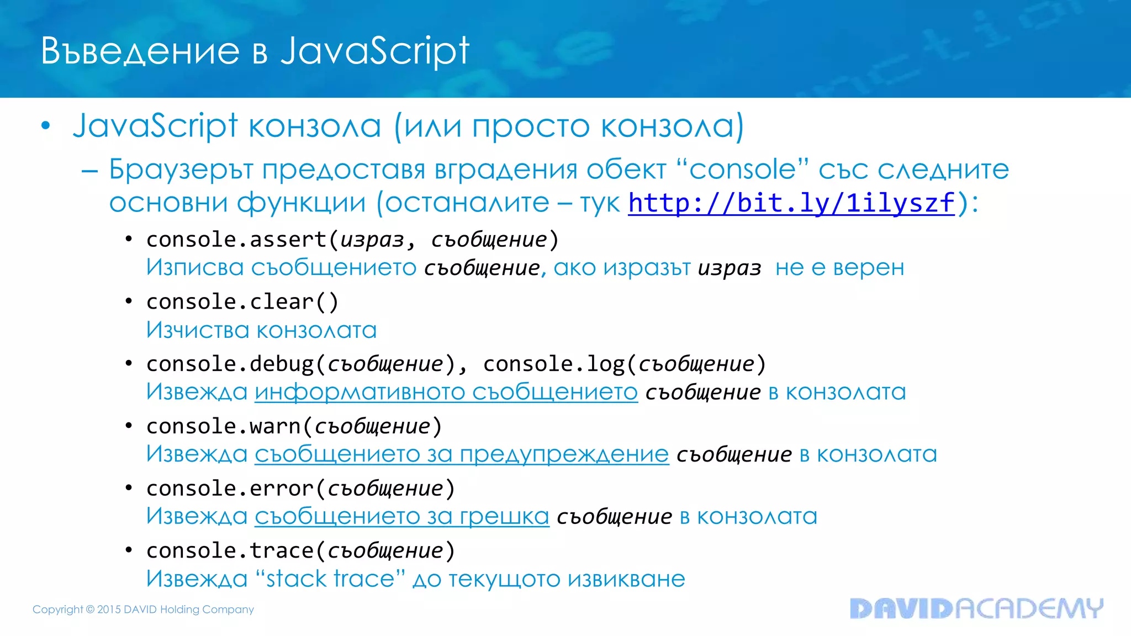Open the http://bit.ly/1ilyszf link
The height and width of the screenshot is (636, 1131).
tap(791, 203)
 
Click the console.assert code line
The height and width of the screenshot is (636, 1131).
tap(352, 240)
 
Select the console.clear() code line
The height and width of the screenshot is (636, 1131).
tap(242, 302)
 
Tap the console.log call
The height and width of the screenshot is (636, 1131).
tap(624, 364)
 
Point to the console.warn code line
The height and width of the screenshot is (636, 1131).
tap(294, 427)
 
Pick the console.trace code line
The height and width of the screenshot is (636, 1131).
tap(300, 551)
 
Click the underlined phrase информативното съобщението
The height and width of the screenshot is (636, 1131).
tap(446, 393)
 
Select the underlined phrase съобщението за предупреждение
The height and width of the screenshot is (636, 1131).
tap(462, 455)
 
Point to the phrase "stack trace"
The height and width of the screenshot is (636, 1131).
tap(330, 579)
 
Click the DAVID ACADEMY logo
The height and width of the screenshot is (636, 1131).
tap(976, 608)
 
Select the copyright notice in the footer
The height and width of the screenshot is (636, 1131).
tap(143, 609)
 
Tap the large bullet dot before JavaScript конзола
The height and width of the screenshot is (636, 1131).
tap(46, 126)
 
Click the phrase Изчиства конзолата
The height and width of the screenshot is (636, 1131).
tap(261, 331)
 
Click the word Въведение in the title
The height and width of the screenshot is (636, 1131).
tap(140, 51)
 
